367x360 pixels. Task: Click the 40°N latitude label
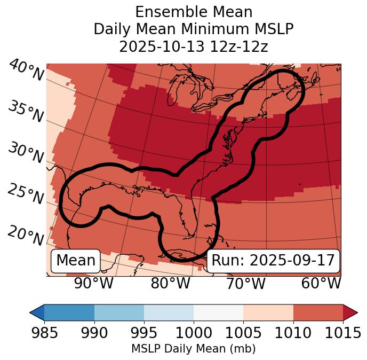pyautogui.click(x=26, y=71)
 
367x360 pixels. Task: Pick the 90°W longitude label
pyautogui.click(x=94, y=283)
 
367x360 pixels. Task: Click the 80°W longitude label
pyautogui.click(x=170, y=283)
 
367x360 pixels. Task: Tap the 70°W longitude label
pyautogui.click(x=246, y=283)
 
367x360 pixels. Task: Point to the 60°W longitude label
pyautogui.click(x=321, y=283)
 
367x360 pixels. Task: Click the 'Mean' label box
pyautogui.click(x=76, y=261)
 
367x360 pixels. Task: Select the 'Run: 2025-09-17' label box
pyautogui.click(x=273, y=261)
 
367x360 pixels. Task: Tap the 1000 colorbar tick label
pyautogui.click(x=194, y=333)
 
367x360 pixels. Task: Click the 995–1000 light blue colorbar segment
pyautogui.click(x=169, y=312)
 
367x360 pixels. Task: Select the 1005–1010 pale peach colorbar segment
pyautogui.click(x=268, y=312)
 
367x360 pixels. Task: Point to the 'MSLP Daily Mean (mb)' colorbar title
pyautogui.click(x=193, y=349)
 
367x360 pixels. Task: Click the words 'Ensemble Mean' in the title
pyautogui.click(x=193, y=12)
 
